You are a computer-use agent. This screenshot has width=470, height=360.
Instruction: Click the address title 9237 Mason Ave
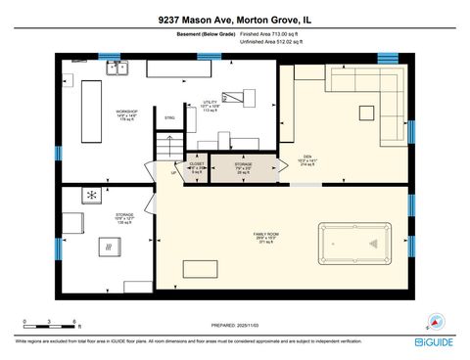[234, 19]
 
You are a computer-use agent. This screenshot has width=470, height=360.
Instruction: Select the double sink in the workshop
[118, 68]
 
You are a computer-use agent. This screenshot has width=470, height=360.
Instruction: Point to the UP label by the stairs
[174, 173]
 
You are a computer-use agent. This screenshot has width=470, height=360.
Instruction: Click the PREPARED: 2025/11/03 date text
[235, 327]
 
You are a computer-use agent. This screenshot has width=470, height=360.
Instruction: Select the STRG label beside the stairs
[169, 118]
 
